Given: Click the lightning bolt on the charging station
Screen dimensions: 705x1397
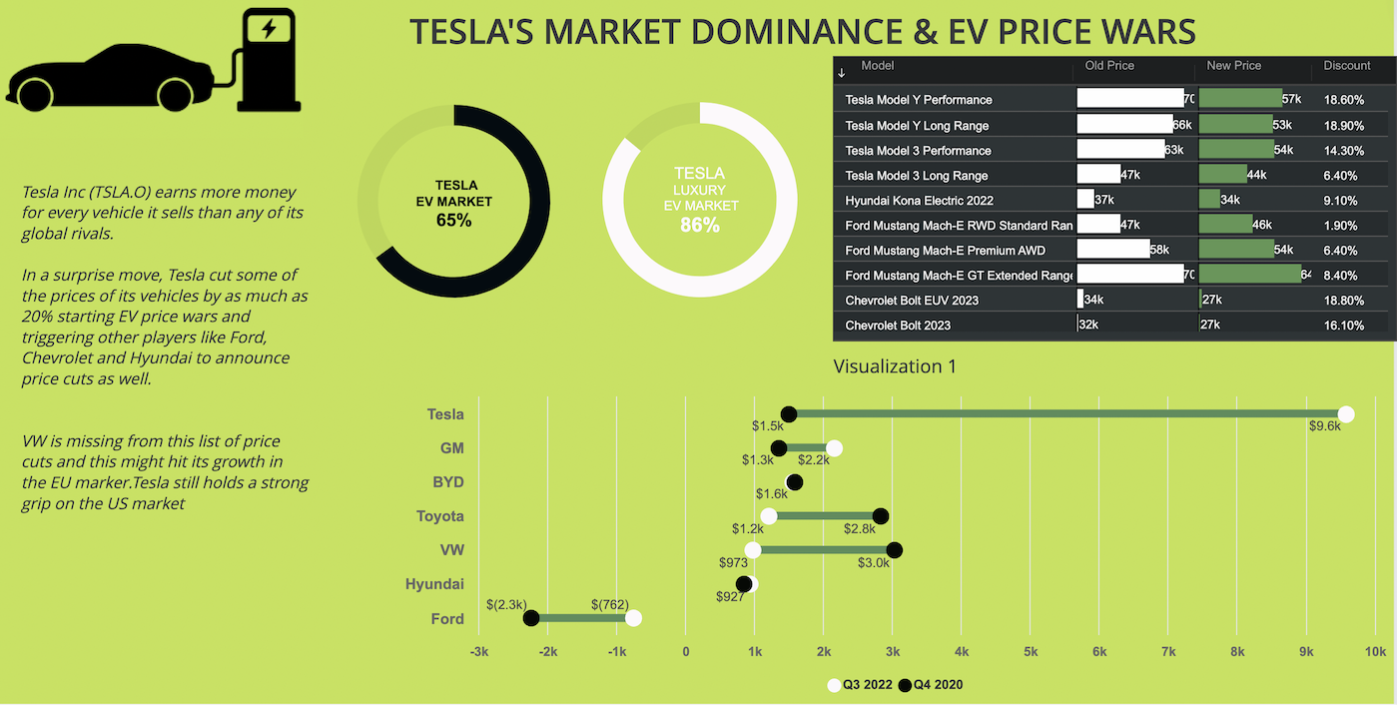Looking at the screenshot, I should tap(268, 29).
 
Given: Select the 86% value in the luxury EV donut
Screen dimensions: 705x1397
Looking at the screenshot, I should tap(699, 225).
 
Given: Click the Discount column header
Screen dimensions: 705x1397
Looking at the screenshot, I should tap(1346, 66).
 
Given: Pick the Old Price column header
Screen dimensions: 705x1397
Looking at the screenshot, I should tap(1109, 66).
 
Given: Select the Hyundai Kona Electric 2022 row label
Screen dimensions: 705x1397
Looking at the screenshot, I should tap(919, 201).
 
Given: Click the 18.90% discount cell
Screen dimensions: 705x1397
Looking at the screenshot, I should tap(1343, 126).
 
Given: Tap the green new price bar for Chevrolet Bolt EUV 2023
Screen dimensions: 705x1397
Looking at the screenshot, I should tap(1200, 300).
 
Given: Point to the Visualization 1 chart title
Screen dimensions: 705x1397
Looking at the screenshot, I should tap(895, 366).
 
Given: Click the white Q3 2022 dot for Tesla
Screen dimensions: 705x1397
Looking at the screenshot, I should tap(1345, 414).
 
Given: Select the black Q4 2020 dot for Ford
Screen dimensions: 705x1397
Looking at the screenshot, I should tap(531, 618).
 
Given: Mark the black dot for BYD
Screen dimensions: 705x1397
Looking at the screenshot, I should tap(794, 482).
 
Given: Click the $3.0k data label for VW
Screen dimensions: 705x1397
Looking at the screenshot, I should tap(873, 563).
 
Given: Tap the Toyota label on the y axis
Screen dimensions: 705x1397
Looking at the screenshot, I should tap(440, 516).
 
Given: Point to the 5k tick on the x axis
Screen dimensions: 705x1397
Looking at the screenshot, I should tap(1031, 652).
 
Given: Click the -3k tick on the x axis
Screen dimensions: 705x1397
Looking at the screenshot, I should tap(479, 652).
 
